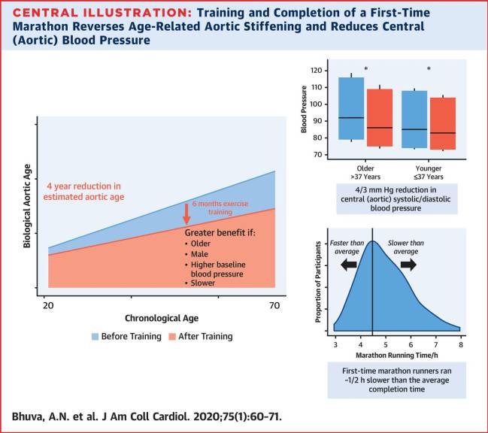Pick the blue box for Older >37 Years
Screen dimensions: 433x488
pos(351,108)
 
